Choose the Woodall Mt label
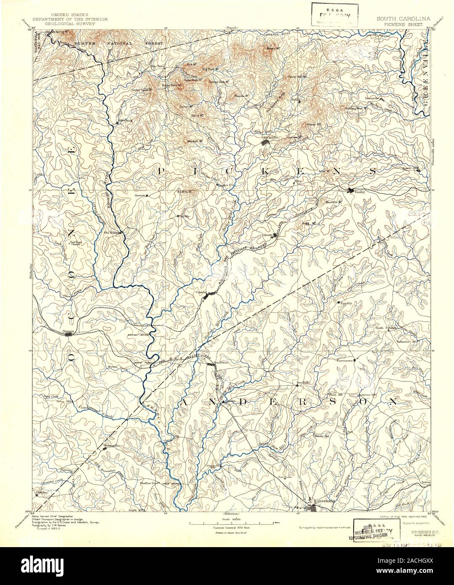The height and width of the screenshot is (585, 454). (195, 141)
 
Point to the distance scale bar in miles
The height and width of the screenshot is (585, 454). (232, 524)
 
